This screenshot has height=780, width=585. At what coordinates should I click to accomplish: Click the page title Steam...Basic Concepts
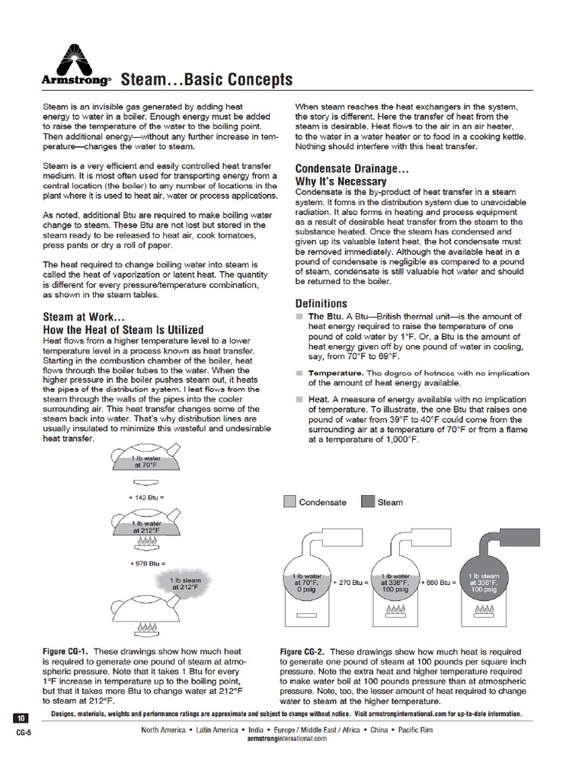[206, 80]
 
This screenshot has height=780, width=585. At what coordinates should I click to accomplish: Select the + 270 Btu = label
[350, 582]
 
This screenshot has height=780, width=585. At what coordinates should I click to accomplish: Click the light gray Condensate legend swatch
[289, 502]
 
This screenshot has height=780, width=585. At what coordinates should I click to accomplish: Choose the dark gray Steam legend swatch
[368, 502]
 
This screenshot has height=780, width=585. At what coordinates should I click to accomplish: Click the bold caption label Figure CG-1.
[65, 652]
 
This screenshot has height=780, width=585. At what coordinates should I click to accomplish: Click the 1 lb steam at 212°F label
[186, 583]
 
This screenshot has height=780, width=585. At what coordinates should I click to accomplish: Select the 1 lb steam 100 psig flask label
[484, 582]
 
